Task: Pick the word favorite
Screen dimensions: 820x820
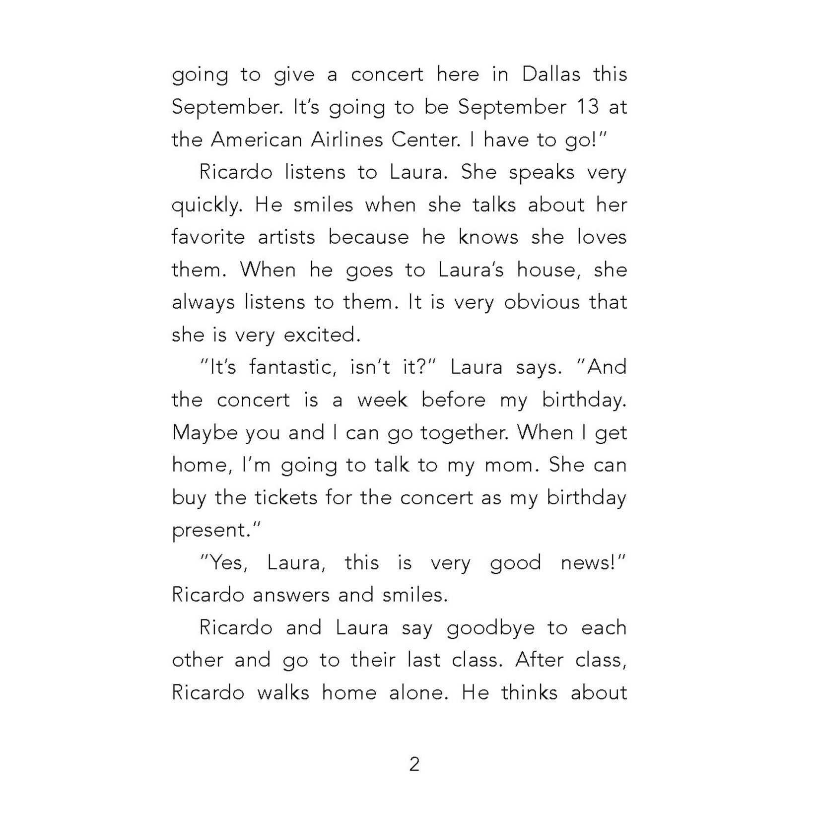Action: tap(208, 237)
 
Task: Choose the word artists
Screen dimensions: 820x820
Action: tap(286, 237)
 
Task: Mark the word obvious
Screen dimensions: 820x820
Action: tap(542, 302)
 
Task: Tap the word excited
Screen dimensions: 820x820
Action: tap(322, 335)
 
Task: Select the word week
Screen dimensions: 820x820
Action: tap(382, 400)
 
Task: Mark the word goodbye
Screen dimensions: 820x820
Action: tap(490, 628)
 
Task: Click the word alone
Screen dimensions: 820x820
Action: tap(419, 693)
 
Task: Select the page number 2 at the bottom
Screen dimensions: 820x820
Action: tap(414, 764)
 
